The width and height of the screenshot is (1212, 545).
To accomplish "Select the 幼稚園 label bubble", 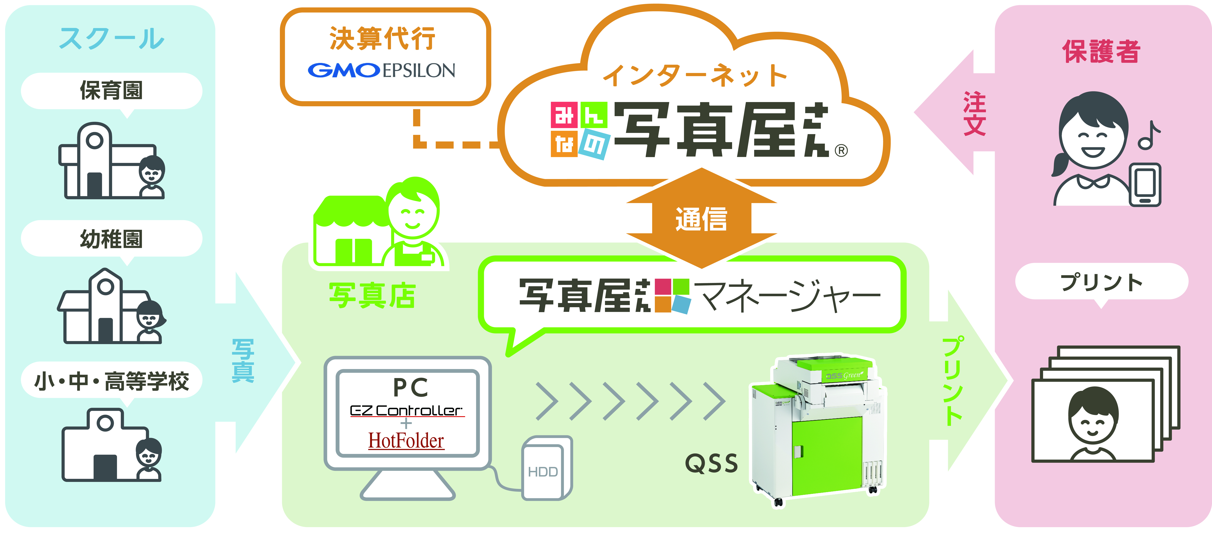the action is [x=112, y=239].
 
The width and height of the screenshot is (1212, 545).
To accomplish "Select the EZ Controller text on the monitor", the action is [x=406, y=411].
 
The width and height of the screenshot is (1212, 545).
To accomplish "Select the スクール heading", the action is [x=112, y=39].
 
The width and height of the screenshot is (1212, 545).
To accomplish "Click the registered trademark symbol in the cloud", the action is [x=841, y=150].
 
